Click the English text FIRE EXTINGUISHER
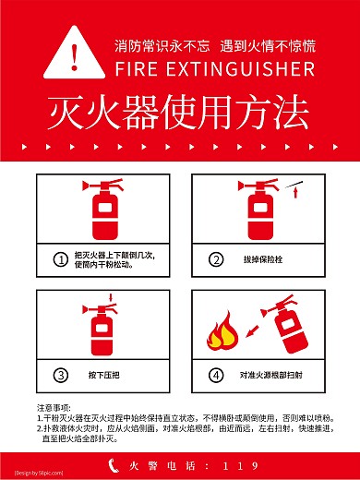point(215,70)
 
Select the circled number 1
point(60,260)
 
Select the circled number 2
point(216,260)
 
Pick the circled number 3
point(60,375)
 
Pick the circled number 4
point(216,375)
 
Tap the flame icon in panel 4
point(223,334)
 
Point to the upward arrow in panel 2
point(294,193)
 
